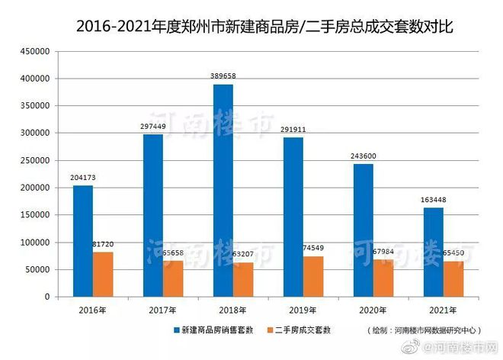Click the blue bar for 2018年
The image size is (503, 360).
tap(223, 191)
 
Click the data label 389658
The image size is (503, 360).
tap(223, 77)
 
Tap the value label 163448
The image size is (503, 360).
tap(434, 200)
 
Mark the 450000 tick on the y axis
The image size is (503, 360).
tap(34, 51)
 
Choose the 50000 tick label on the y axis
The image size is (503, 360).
tap(37, 269)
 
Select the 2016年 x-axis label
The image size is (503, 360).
tap(92, 310)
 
